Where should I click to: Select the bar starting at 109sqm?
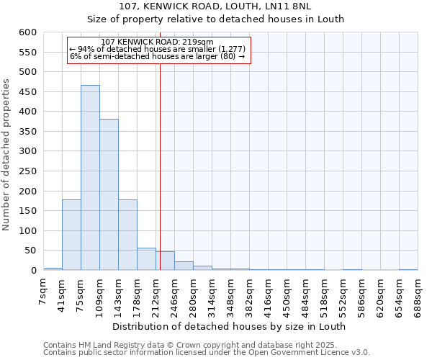click(x=109, y=194)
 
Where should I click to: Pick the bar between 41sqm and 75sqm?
click(x=71, y=235)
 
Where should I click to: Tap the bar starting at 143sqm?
click(x=127, y=235)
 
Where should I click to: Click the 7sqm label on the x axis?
click(x=44, y=292)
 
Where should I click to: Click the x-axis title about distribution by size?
click(x=230, y=326)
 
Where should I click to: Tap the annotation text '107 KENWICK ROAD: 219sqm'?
click(x=158, y=42)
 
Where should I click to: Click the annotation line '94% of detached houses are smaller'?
click(x=158, y=49)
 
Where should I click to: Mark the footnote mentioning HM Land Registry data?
click(x=205, y=345)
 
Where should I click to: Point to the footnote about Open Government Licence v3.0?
click(x=207, y=352)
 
